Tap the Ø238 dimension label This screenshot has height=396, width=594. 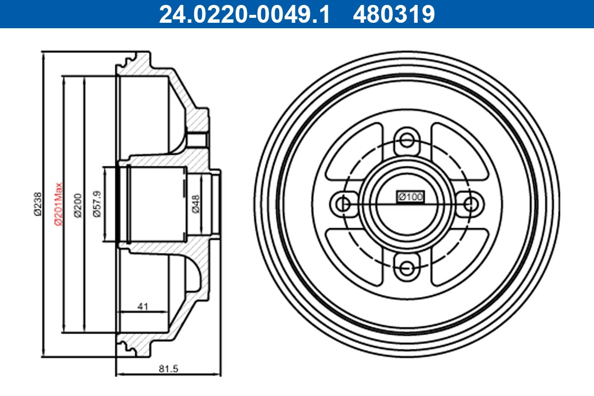pyautogui.click(x=37, y=203)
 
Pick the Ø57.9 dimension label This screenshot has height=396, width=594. pyautogui.click(x=98, y=203)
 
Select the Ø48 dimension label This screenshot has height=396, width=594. pyautogui.click(x=196, y=203)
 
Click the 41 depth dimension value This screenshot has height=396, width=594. pyautogui.click(x=143, y=306)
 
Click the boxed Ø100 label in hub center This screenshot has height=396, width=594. pyautogui.click(x=410, y=197)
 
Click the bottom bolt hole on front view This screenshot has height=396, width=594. pyautogui.click(x=407, y=269)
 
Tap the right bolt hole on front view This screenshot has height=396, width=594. pyautogui.click(x=472, y=203)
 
